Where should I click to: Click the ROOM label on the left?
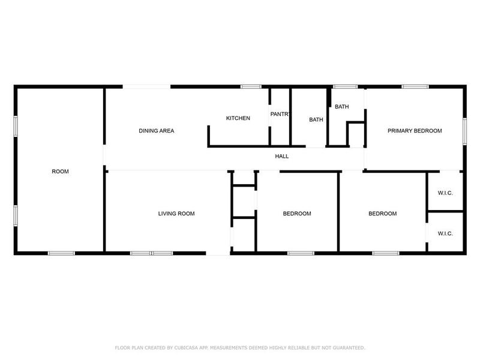point(60,172)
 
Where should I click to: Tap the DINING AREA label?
point(156,131)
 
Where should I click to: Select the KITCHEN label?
point(238,118)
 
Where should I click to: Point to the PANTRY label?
point(280,114)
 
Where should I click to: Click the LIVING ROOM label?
point(176,214)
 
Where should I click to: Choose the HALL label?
point(281,157)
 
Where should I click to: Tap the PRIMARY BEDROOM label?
point(415,131)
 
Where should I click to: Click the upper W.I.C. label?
point(445,193)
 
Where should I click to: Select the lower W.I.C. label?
point(445,233)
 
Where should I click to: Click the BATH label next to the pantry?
point(316,119)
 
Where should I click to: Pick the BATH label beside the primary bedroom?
point(341,107)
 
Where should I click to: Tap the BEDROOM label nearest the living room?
point(297,214)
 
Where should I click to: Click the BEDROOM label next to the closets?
point(382,214)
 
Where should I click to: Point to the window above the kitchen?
point(250,87)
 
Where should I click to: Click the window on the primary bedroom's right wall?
point(464,131)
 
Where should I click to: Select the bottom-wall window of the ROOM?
point(61,253)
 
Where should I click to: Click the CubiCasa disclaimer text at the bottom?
point(240,347)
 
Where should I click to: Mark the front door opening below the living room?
point(218,253)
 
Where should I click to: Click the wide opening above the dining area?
point(147,87)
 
